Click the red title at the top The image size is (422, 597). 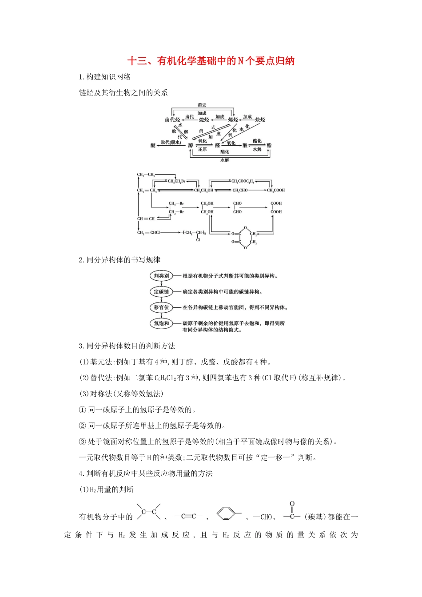[211, 61]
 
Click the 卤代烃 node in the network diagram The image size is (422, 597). [172, 119]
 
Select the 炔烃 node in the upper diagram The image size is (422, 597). [260, 119]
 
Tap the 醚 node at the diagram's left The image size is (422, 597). [153, 145]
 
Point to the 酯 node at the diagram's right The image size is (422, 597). [269, 145]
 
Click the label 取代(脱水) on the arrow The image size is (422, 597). [171, 142]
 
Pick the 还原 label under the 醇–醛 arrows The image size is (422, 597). [202, 150]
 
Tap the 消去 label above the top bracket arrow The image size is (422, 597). [202, 105]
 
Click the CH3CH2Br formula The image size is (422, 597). [176, 181]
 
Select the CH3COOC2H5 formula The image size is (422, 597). [243, 181]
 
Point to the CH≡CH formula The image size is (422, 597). [146, 219]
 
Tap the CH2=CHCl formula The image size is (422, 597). [148, 232]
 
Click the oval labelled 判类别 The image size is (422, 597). [161, 276]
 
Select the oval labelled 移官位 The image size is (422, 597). [161, 307]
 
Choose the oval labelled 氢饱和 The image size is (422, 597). [161, 323]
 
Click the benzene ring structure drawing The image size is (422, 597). [227, 514]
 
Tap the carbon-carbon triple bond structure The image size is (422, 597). [188, 516]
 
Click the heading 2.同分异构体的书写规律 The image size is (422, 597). [119, 260]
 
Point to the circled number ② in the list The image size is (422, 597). [82, 426]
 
